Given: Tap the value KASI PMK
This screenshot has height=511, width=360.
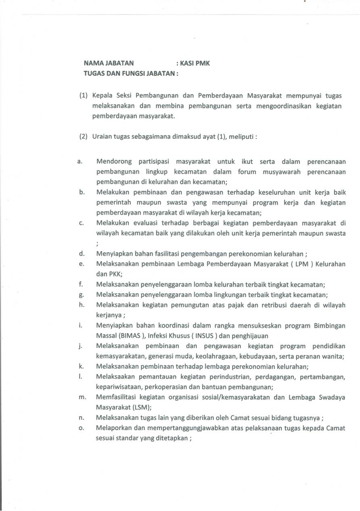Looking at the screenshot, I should tap(195, 63).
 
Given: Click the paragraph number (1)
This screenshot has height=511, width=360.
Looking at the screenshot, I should tap(84, 96).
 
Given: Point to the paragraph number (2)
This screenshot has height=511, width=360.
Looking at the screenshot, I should tap(84, 137).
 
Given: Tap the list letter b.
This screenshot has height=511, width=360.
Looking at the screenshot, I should tap(82, 192).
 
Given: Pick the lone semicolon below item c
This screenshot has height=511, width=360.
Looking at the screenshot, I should tap(97, 244).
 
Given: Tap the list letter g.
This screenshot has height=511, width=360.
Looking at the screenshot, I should tap(82, 294).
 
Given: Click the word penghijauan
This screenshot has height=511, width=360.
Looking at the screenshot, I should tap(251, 336).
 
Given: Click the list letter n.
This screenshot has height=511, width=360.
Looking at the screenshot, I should tap(82, 418).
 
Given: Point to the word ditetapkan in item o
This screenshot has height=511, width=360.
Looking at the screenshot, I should tap(172, 438).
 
